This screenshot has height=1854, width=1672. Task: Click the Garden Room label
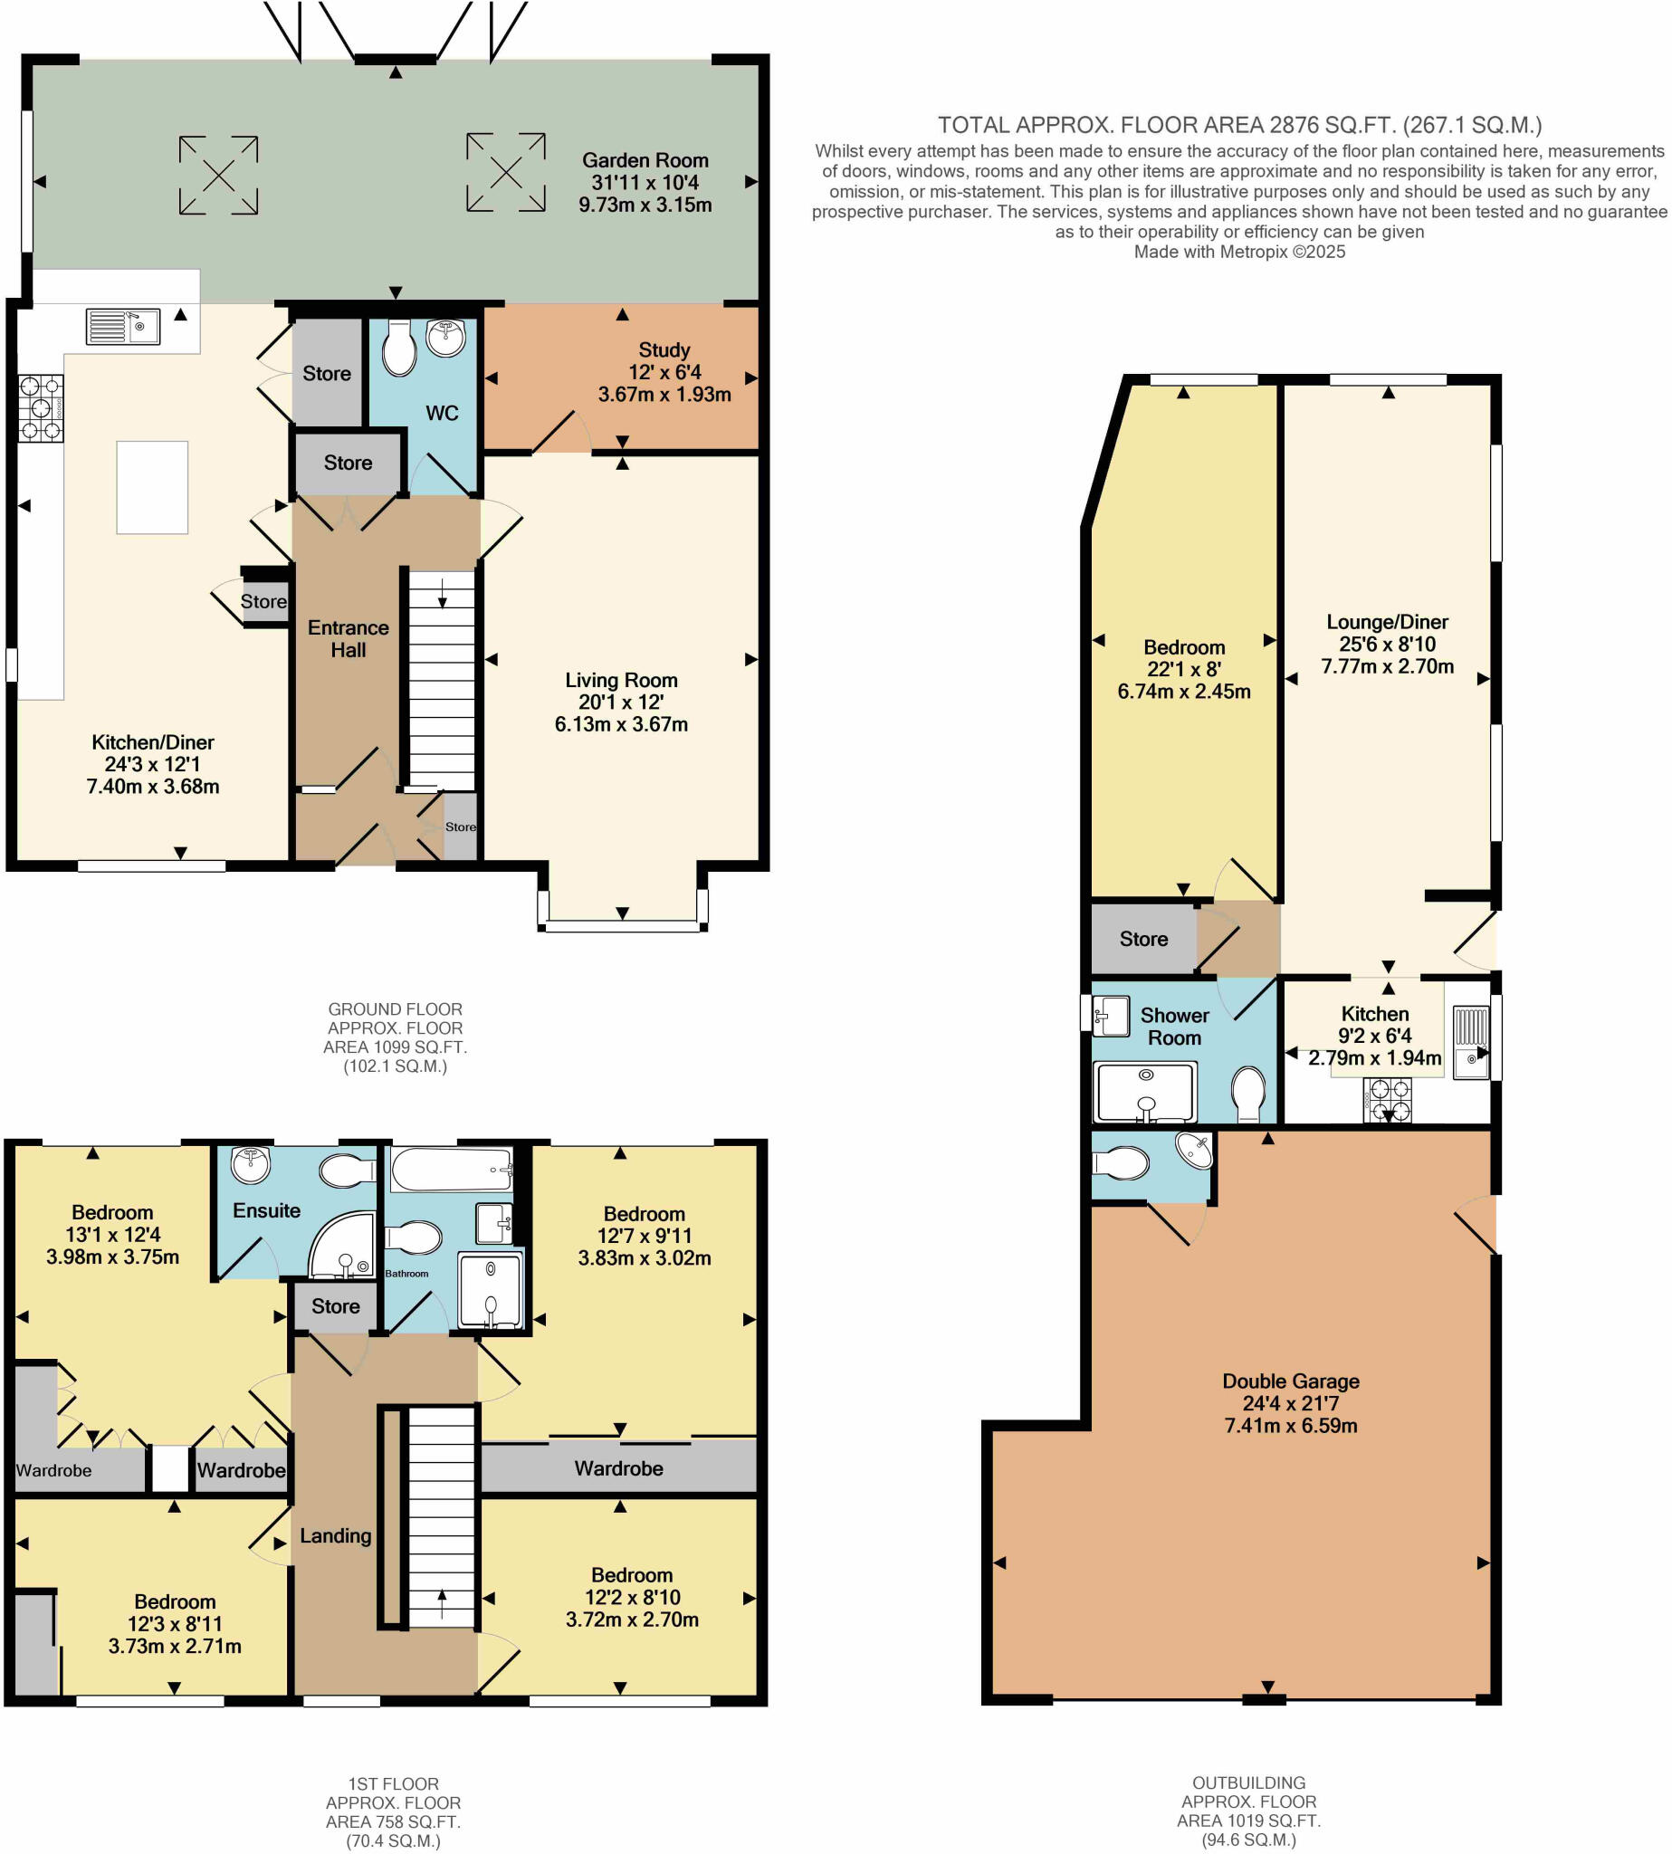pyautogui.click(x=645, y=161)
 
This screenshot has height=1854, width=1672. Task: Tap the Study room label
pyautogui.click(x=664, y=350)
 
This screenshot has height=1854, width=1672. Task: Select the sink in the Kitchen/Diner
pyautogui.click(x=123, y=326)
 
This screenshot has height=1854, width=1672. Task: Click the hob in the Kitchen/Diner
pyautogui.click(x=41, y=408)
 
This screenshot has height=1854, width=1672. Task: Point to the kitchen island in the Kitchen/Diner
pyautogui.click(x=152, y=487)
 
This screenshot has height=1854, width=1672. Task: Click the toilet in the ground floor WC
pyautogui.click(x=399, y=348)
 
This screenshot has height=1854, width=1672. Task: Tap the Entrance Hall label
pyautogui.click(x=349, y=638)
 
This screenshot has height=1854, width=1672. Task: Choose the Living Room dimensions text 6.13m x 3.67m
pyautogui.click(x=621, y=724)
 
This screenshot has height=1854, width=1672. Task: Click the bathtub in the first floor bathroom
pyautogui.click(x=451, y=1169)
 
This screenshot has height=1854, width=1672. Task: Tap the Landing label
pyautogui.click(x=335, y=1536)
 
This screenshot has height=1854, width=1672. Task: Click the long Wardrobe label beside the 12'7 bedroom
pyautogui.click(x=618, y=1469)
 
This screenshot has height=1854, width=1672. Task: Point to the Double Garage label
pyautogui.click(x=1290, y=1381)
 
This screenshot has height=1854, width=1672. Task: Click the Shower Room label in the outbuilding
pyautogui.click(x=1174, y=1027)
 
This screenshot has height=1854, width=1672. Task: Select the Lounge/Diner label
pyautogui.click(x=1386, y=622)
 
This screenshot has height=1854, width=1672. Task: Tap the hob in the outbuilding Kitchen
pyautogui.click(x=1387, y=1101)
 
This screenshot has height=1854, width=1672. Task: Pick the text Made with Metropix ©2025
pyautogui.click(x=1238, y=252)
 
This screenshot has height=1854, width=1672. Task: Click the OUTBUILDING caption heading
pyautogui.click(x=1247, y=1782)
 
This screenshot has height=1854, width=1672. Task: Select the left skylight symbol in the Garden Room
pyautogui.click(x=219, y=175)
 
